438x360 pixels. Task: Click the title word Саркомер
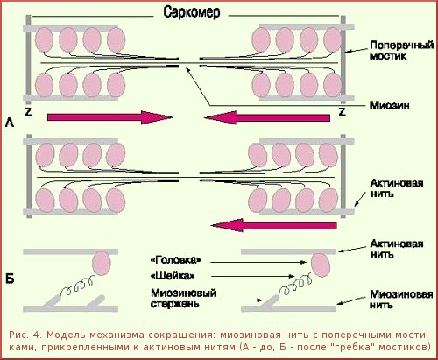[192, 12]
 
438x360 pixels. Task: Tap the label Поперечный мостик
[401, 51]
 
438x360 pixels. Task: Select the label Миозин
[390, 105]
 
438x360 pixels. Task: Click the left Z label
[28, 111]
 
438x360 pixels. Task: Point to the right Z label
[343, 111]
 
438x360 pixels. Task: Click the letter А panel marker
[10, 123]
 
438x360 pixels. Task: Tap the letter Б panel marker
[10, 279]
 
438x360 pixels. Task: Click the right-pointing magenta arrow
[109, 117]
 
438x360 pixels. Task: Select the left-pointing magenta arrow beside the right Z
[267, 117]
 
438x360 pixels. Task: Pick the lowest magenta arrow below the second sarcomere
[273, 225]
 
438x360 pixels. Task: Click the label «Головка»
[176, 260]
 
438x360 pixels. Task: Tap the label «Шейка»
[173, 276]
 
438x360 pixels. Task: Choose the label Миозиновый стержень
[184, 298]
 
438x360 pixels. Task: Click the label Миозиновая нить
[401, 300]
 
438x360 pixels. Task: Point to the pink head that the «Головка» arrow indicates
[321, 265]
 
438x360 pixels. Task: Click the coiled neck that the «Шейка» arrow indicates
[294, 286]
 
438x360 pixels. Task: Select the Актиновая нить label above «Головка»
[397, 249]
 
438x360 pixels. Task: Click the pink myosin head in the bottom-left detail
[102, 264]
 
